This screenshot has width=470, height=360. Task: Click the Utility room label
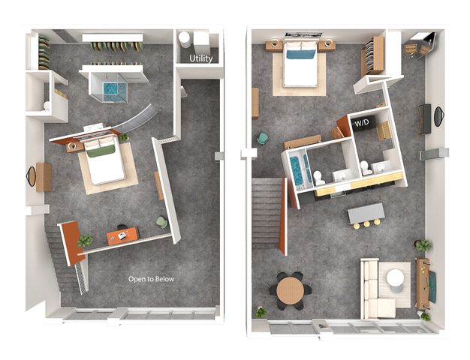200,58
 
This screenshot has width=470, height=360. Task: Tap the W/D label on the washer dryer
361,123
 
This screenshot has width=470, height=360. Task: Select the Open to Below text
151,279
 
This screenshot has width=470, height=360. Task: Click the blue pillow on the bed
300,54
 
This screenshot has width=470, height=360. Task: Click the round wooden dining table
290,290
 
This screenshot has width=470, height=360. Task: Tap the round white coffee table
395,278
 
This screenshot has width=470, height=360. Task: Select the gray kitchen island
366,213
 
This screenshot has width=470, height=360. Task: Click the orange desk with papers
122,235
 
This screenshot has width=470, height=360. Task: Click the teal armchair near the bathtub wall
263,139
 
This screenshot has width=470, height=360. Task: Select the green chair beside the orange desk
162,222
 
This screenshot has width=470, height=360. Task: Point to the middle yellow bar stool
366,224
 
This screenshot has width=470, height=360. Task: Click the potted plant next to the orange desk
86,240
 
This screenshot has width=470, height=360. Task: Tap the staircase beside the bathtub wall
267,213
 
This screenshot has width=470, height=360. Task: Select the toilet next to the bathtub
318,178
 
